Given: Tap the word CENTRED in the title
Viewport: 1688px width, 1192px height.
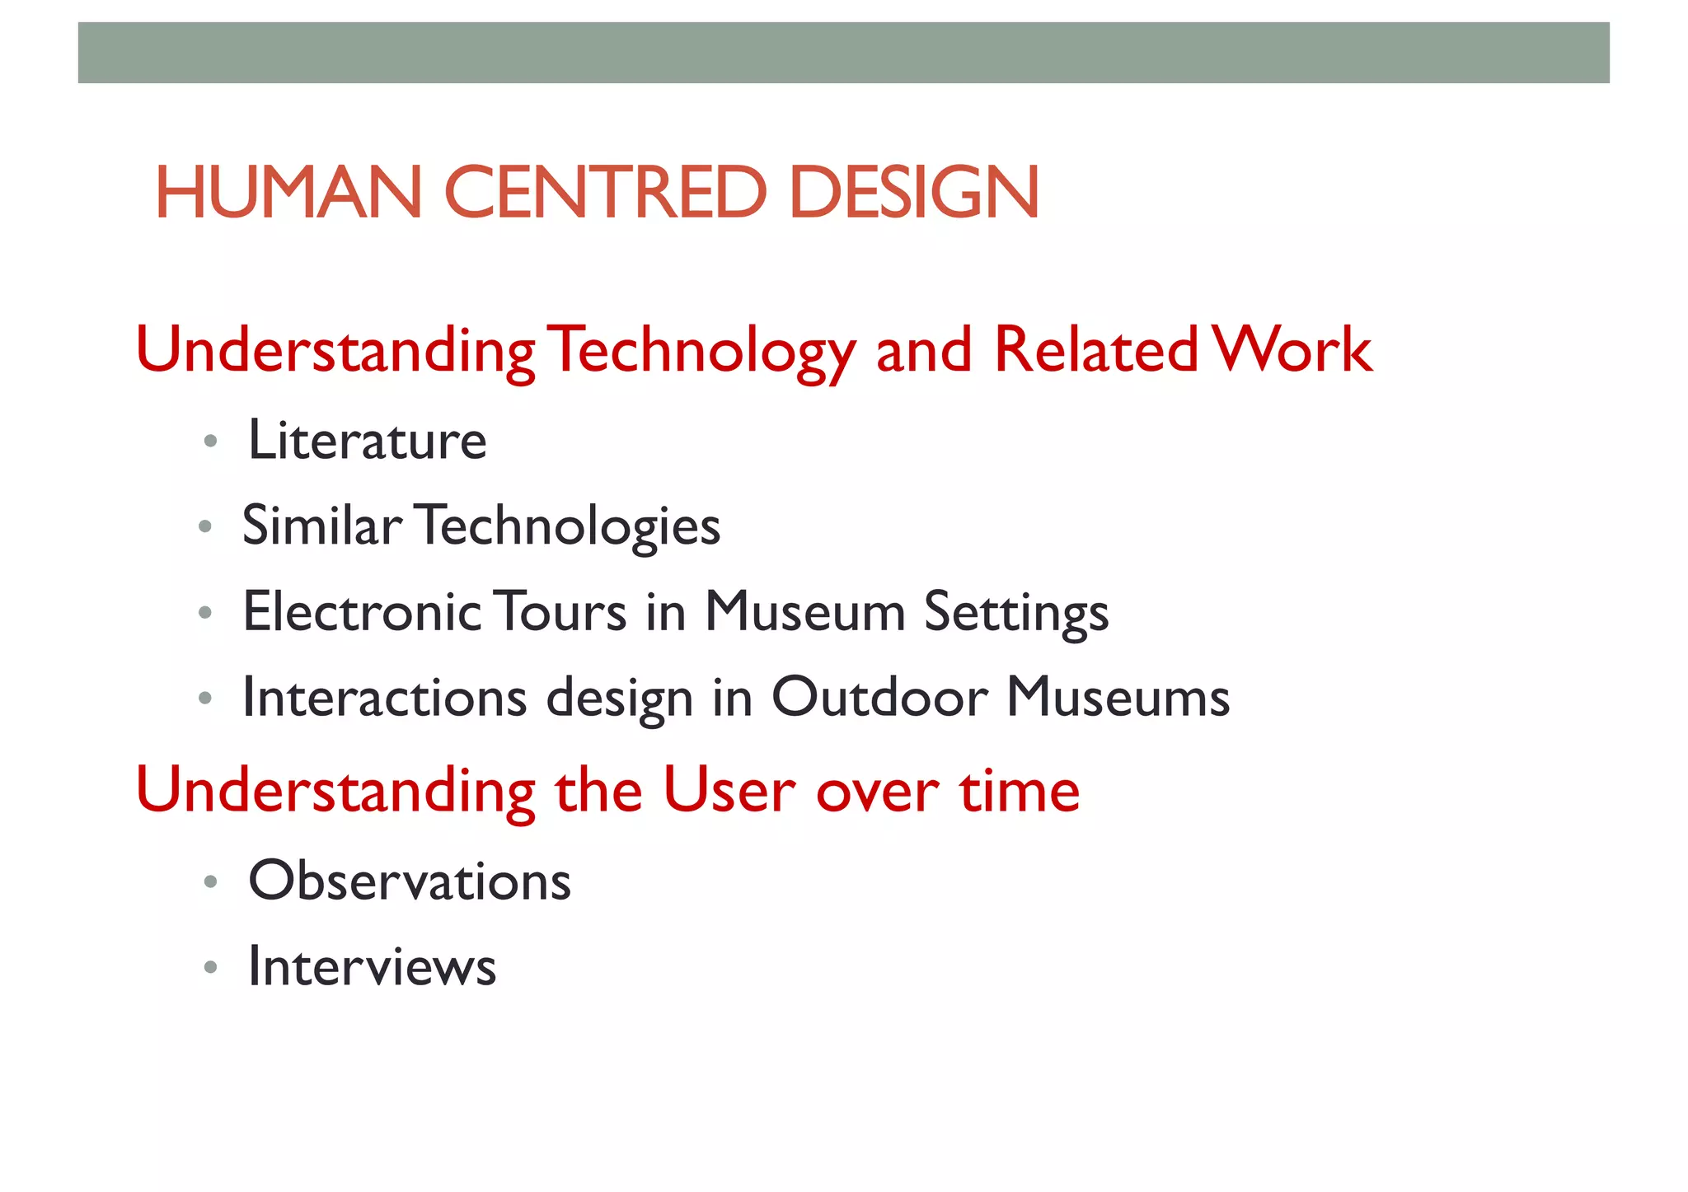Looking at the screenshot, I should pos(605,193).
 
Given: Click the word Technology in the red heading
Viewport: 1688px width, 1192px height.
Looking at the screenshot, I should pos(701,351).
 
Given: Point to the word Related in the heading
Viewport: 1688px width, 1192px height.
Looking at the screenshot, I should pos(1095,351).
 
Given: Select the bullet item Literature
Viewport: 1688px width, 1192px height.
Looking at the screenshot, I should pos(368,441).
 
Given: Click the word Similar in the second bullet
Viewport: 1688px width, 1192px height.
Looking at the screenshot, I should pos(321,526).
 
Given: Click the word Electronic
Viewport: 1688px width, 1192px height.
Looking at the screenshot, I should pos(362,612).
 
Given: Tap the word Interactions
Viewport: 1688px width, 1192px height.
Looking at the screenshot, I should pos(385,698).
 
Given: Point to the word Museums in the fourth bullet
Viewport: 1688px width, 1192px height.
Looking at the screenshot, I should pos(1118,698).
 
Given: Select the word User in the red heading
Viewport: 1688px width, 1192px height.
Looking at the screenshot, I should pos(729,791).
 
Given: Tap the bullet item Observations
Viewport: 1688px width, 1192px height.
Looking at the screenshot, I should pos(410,881).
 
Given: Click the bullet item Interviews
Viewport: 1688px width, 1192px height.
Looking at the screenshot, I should pos(373,966).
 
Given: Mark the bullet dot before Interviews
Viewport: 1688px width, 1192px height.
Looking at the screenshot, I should pos(210,967).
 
